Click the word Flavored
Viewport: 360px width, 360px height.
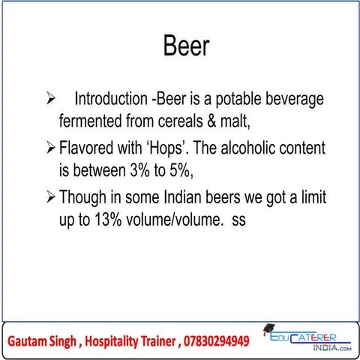87,149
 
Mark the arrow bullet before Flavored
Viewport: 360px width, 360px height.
52,149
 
